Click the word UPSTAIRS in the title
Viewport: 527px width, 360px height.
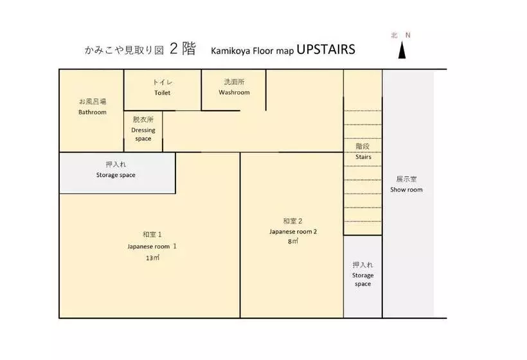pyautogui.click(x=326, y=50)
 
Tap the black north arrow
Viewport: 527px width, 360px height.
pyautogui.click(x=402, y=50)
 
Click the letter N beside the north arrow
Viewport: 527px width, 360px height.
pyautogui.click(x=407, y=35)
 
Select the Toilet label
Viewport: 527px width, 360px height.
pyautogui.click(x=163, y=93)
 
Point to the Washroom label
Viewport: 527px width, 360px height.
pyautogui.click(x=235, y=93)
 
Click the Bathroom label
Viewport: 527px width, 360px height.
pyautogui.click(x=93, y=113)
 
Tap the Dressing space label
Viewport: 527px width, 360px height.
pyautogui.click(x=143, y=134)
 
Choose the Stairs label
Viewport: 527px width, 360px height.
pyautogui.click(x=363, y=157)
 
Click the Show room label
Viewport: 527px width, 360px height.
pyautogui.click(x=406, y=190)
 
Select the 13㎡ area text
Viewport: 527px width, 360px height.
pyautogui.click(x=152, y=258)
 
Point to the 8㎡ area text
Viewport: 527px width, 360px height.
pyautogui.click(x=293, y=241)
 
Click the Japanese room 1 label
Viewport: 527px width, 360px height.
pyautogui.click(x=152, y=246)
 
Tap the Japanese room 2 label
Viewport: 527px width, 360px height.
pyautogui.click(x=293, y=231)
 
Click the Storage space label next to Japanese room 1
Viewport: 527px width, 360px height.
pyautogui.click(x=116, y=175)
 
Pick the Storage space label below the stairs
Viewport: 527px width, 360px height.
pyautogui.click(x=363, y=280)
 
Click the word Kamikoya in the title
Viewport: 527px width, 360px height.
pyautogui.click(x=231, y=51)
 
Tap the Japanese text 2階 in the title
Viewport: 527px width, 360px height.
pyautogui.click(x=183, y=49)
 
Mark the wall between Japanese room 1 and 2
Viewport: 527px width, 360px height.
pyautogui.click(x=240, y=235)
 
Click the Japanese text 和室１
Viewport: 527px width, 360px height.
pyautogui.click(x=152, y=234)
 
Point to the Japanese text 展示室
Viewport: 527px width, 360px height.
pyautogui.click(x=406, y=179)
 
